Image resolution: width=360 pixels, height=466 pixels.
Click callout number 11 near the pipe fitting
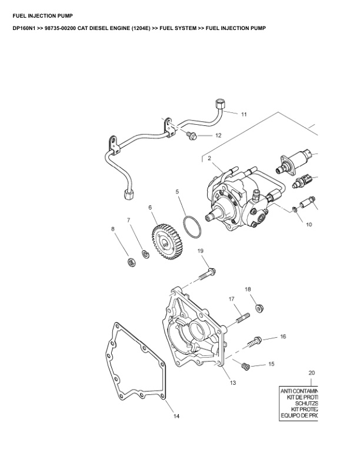[x=244, y=114]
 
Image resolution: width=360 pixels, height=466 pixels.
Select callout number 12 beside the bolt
[x=218, y=135]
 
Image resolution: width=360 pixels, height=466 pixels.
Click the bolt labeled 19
[x=208, y=273]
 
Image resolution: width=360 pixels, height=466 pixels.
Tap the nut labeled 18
[x=258, y=308]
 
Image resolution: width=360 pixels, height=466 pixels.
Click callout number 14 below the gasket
[x=176, y=417]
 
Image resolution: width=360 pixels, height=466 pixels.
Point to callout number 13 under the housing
[x=233, y=383]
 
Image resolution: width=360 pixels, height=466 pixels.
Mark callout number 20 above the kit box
[x=312, y=372]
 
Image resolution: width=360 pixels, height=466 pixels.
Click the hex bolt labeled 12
[x=191, y=137]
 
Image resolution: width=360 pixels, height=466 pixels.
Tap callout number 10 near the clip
[x=308, y=224]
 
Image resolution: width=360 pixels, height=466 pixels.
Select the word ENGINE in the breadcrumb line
[x=134, y=28]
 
